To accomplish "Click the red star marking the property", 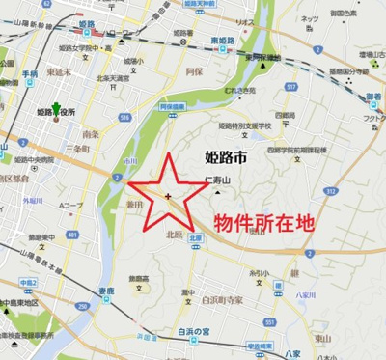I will (169, 197).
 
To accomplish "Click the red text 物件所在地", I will (262, 221).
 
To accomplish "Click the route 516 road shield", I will (125, 117).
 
